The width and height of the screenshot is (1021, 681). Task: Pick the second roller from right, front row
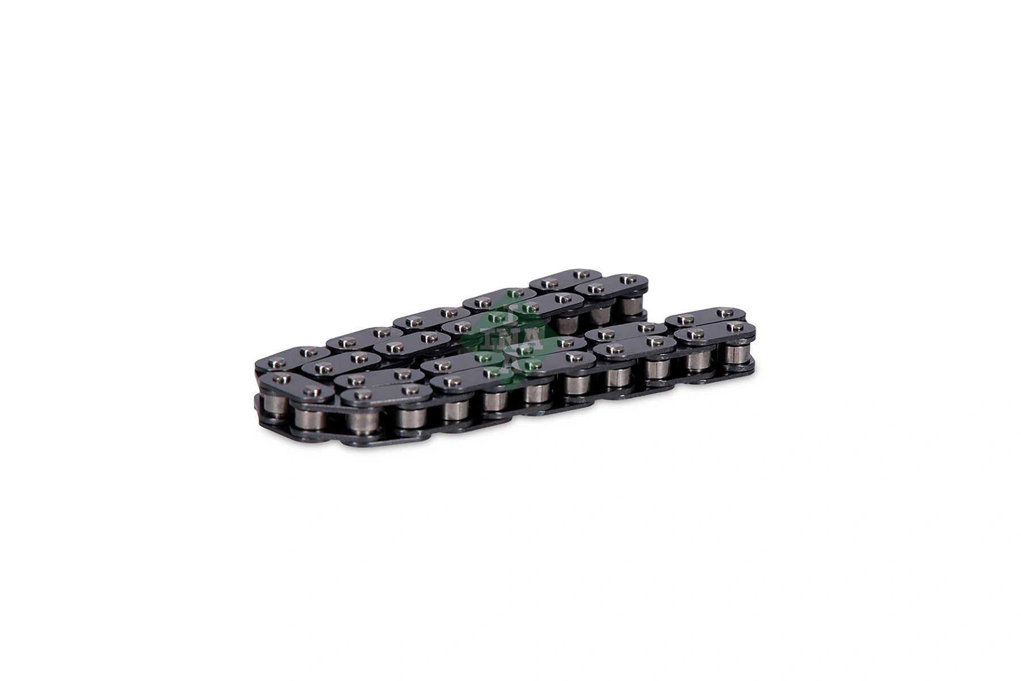[x=698, y=361]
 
